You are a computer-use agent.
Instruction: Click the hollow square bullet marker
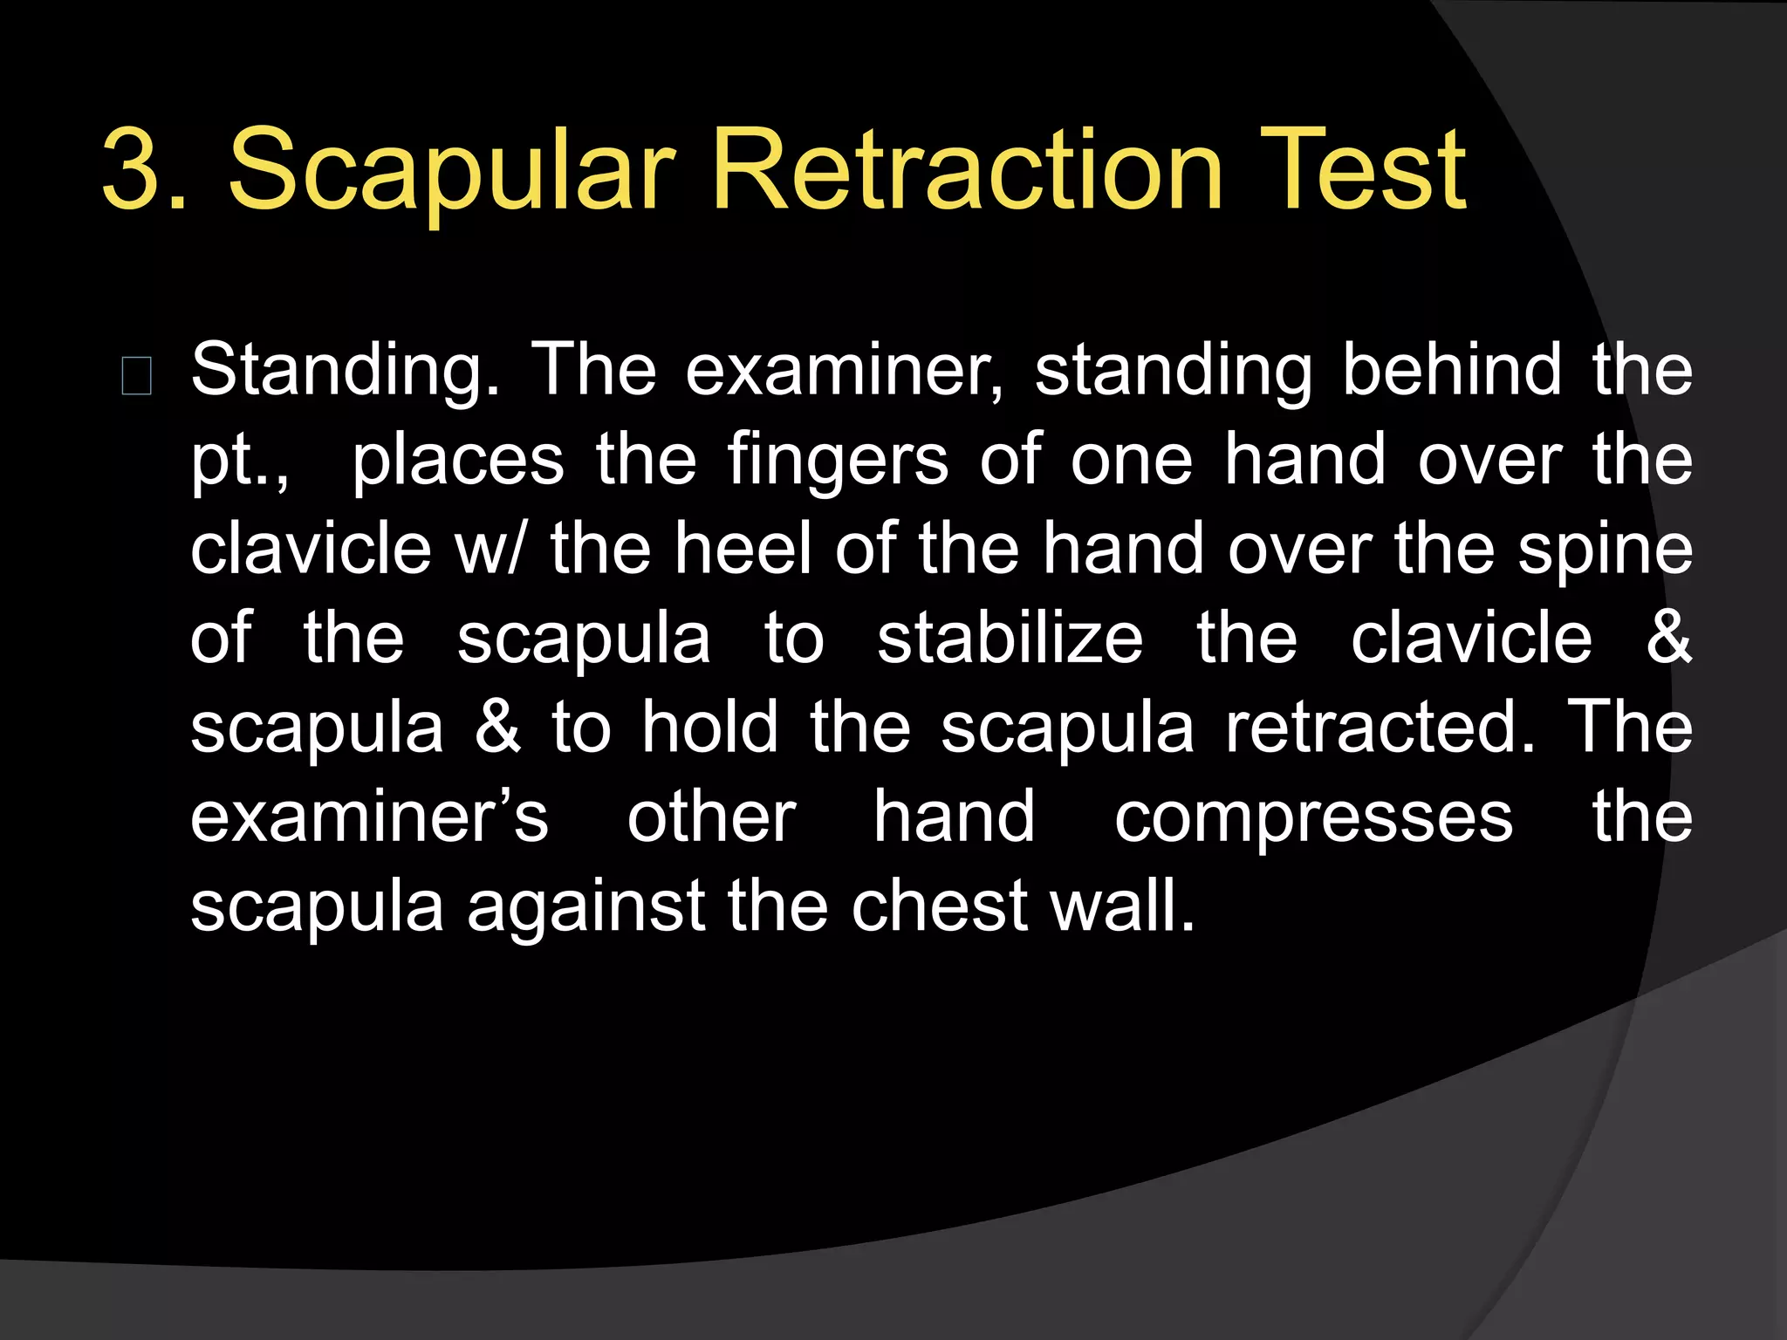(x=137, y=376)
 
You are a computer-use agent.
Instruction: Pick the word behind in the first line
(x=1451, y=370)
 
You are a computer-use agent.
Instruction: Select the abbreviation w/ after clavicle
(x=490, y=549)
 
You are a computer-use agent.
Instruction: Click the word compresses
(x=1313, y=818)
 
